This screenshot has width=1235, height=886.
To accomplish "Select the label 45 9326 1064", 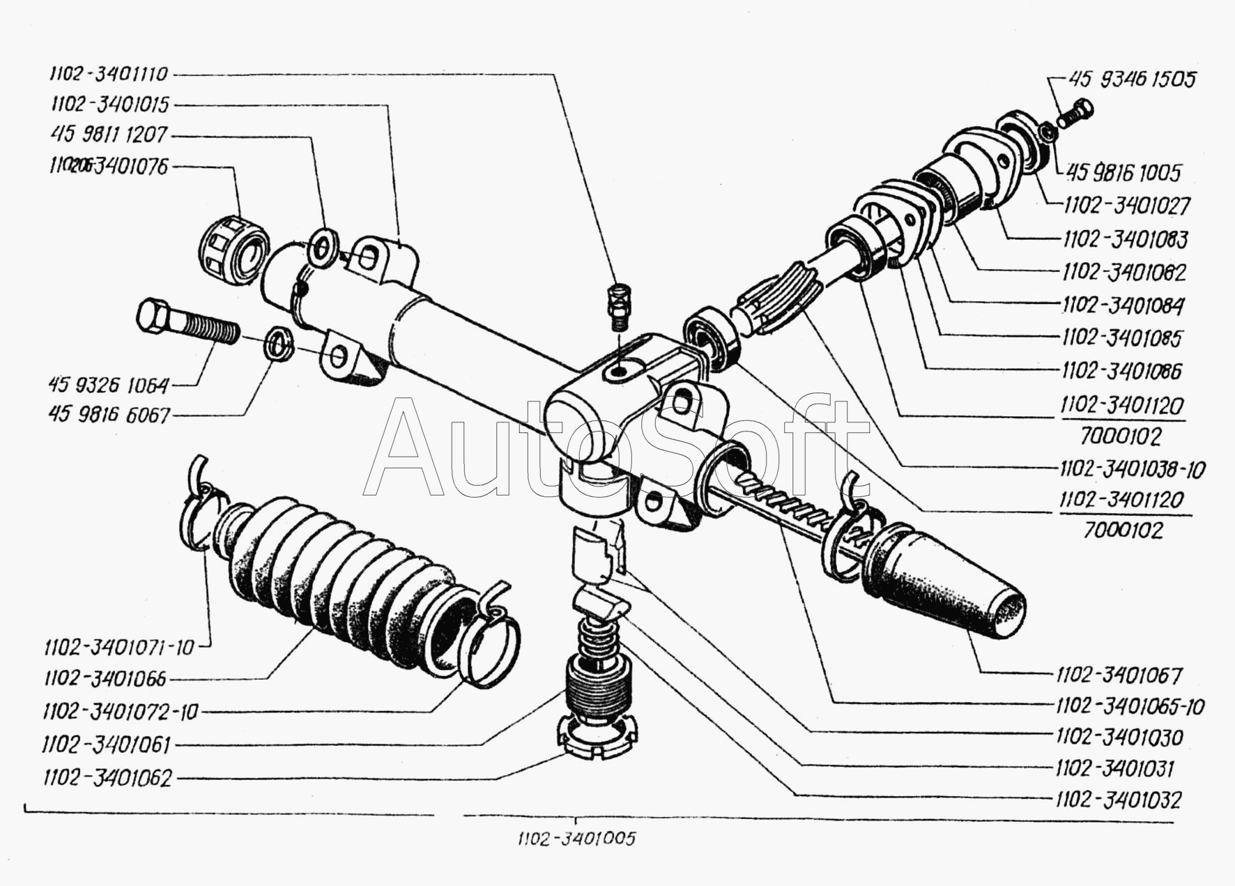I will click(x=109, y=384).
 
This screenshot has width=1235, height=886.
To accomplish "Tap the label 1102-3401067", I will click(x=1119, y=675).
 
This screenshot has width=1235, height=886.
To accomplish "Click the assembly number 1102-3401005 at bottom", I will click(x=576, y=839).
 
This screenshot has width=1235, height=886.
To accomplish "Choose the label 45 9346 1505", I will click(x=1133, y=79).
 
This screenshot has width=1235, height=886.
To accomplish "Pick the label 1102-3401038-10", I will click(x=1132, y=468).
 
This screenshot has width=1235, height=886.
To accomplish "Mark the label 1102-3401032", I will click(x=1118, y=799).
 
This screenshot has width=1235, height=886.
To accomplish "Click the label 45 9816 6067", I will click(x=109, y=415).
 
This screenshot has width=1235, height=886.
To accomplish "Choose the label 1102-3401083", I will click(x=1125, y=239).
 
